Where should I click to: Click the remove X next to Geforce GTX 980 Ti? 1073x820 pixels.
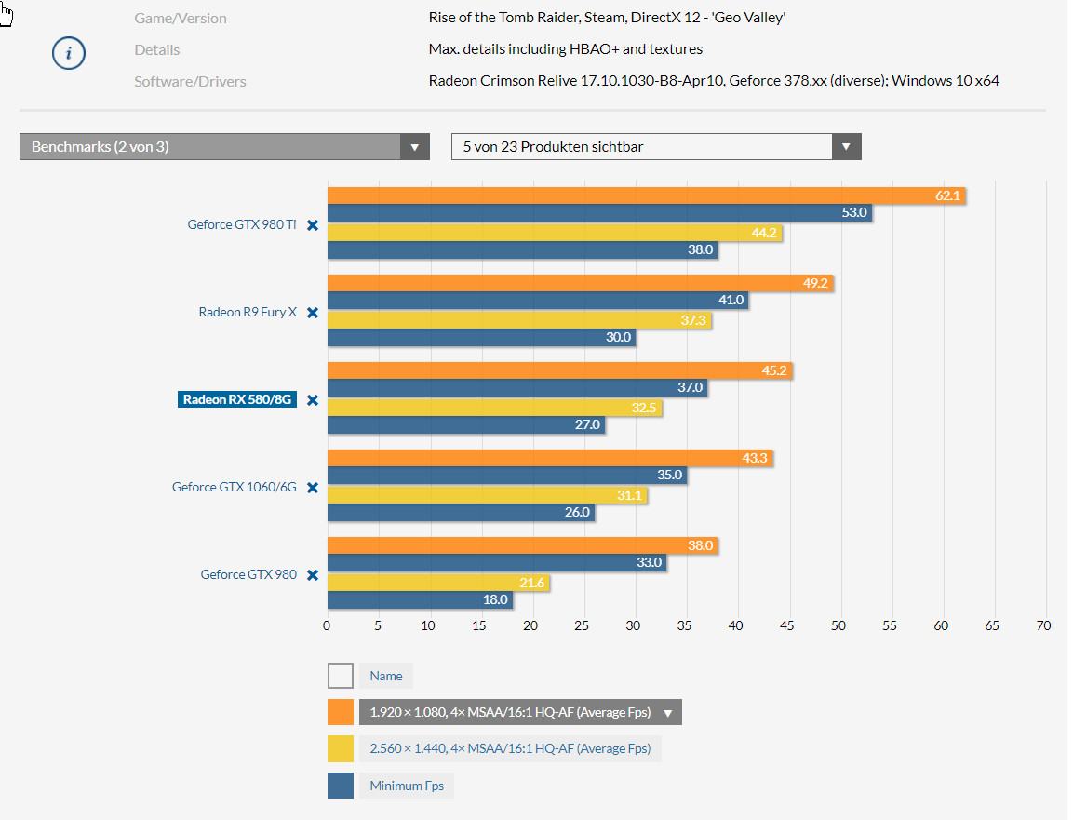[x=313, y=225]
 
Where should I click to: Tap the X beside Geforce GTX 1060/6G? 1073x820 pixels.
[x=313, y=488]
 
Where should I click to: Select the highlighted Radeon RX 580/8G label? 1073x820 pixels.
[x=237, y=400]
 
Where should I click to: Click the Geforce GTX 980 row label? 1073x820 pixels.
[x=248, y=574]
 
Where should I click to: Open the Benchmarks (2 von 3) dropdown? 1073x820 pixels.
[x=224, y=147]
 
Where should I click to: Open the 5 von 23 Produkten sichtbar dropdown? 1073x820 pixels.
[x=655, y=147]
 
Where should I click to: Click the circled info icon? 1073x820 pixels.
[x=68, y=53]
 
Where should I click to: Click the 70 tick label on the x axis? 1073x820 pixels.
[x=1043, y=625]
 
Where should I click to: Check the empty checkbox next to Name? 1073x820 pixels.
[x=341, y=676]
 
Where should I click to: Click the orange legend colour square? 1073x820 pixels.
[x=341, y=713]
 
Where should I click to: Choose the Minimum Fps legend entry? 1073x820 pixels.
[x=407, y=786]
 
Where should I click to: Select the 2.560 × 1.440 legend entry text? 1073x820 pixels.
[x=510, y=748]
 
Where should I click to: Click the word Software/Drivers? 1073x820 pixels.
[x=190, y=81]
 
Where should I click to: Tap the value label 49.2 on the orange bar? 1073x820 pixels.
[x=814, y=283]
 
